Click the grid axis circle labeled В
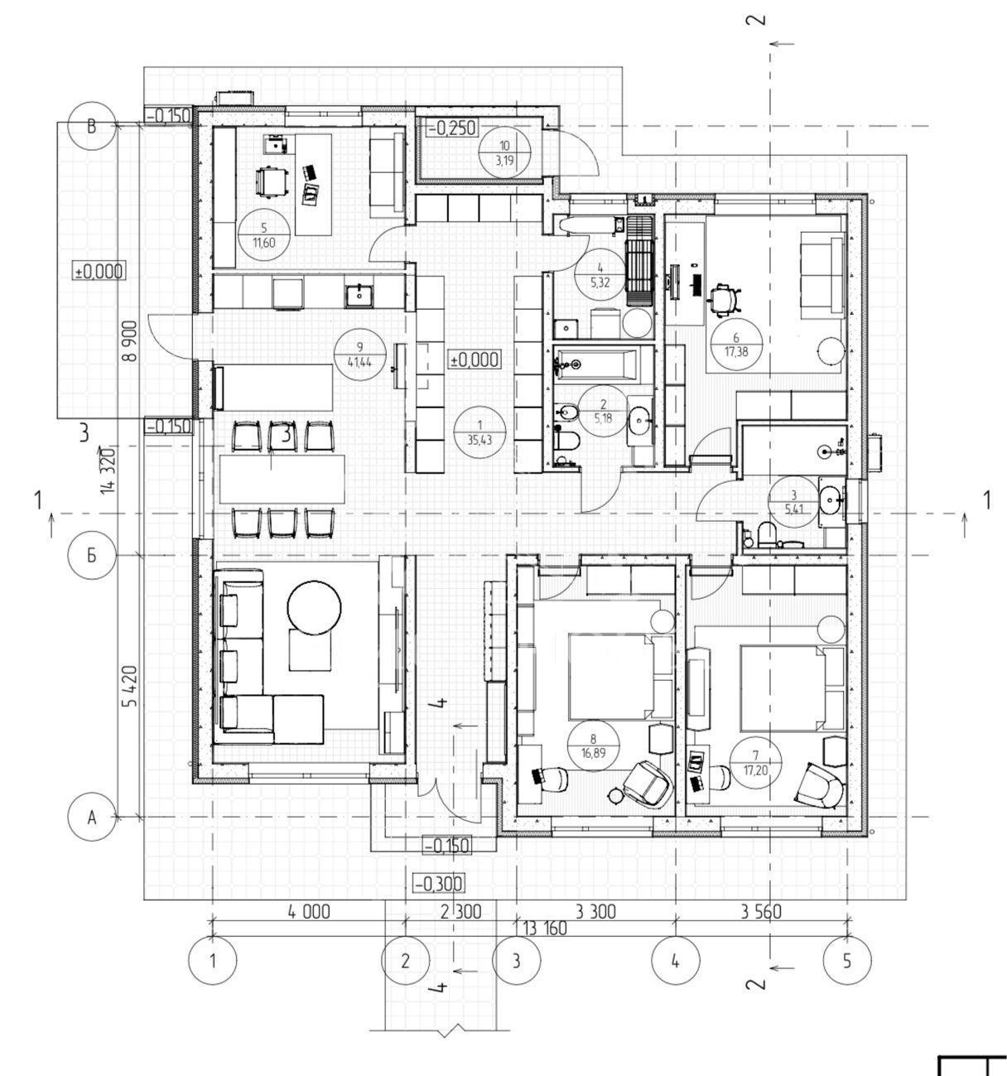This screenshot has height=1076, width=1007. click(92, 127)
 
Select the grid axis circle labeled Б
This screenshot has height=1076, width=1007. click(92, 555)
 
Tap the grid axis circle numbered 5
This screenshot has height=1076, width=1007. click(847, 962)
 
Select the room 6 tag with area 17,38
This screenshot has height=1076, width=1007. click(735, 345)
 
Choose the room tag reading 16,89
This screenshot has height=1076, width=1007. click(593, 745)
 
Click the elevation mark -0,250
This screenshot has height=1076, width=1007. click(452, 128)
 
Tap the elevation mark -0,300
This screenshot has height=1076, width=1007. click(438, 884)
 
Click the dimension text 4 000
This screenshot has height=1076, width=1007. click(308, 912)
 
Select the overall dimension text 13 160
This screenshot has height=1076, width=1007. click(545, 929)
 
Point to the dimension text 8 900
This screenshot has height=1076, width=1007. click(131, 340)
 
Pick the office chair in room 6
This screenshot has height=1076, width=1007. click(725, 299)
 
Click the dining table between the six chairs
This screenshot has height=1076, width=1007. click(282, 479)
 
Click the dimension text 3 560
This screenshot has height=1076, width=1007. click(761, 912)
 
